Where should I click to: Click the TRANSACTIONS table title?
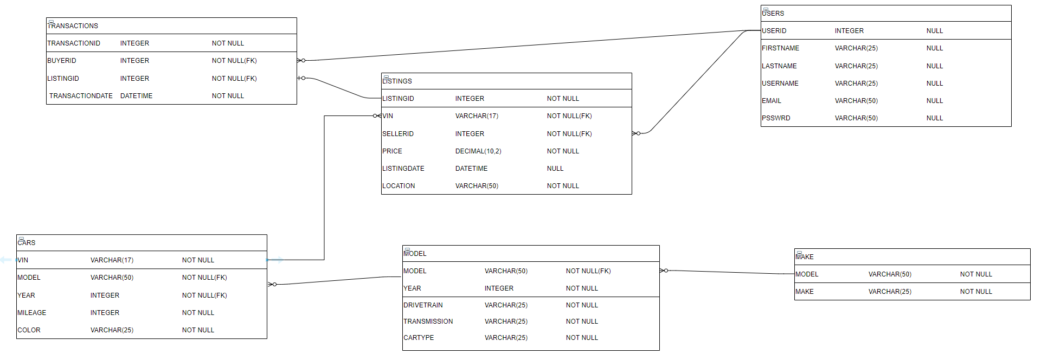pos(73,26)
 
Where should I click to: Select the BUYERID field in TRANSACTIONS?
pos(62,61)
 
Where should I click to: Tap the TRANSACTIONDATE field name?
pos(81,96)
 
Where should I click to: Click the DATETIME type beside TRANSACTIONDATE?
pos(136,96)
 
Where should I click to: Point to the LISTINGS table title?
pos(397,81)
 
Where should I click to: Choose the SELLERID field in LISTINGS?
pos(398,134)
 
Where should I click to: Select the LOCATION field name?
pos(399,186)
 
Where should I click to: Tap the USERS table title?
pos(773,14)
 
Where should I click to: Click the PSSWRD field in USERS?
pos(776,118)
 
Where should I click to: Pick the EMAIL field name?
pos(772,101)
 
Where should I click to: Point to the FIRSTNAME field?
pos(780,48)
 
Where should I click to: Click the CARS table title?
pos(27,243)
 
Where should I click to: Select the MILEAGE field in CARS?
pos(32,313)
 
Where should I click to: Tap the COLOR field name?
pos(29,330)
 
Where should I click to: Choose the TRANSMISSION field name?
pos(428,322)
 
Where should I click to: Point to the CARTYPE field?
pos(419,338)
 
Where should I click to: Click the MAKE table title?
pos(805,257)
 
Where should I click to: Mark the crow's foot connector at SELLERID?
pos(636,133)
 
